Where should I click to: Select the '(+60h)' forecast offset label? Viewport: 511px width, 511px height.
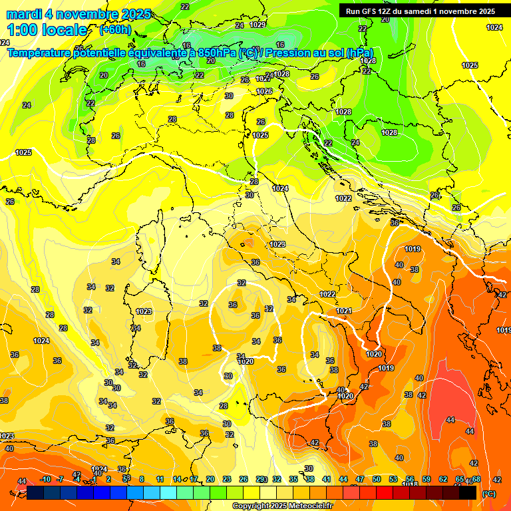[x=115, y=30]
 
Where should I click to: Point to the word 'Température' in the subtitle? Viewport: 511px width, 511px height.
[x=40, y=53]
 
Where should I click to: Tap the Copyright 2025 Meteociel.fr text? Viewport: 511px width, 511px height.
[x=282, y=506]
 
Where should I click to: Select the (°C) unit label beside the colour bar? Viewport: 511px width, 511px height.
[x=488, y=494]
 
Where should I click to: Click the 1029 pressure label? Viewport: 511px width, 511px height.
[x=257, y=25]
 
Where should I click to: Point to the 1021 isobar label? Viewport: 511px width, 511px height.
[x=343, y=311]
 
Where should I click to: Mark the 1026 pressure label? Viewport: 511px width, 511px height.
[x=264, y=91]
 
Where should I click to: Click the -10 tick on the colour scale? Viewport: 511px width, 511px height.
[x=45, y=479]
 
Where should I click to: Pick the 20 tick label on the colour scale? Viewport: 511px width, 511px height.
[x=210, y=479]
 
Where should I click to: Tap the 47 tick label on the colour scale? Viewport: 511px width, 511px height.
[x=360, y=479]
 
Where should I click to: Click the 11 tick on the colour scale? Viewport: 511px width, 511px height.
[x=160, y=479]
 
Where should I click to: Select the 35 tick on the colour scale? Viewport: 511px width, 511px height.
[x=293, y=479]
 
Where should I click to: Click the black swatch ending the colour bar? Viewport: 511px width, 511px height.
[x=468, y=492]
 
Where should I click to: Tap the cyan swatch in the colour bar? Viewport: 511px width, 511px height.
[x=168, y=492]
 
